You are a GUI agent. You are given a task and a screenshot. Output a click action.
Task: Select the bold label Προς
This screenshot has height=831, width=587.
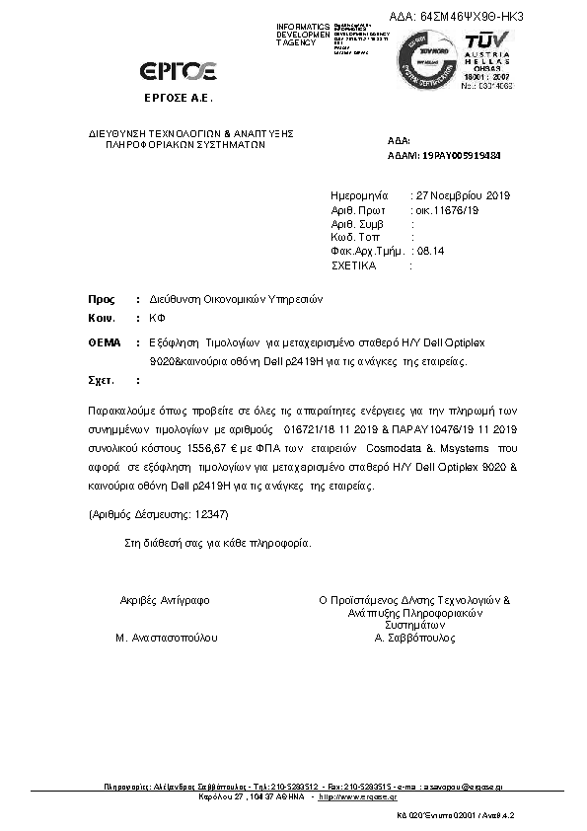101,298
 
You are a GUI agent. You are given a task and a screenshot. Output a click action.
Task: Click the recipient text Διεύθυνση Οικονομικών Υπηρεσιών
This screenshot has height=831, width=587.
237,298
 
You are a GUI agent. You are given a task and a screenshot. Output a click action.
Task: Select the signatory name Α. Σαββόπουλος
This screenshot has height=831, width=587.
414,639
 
